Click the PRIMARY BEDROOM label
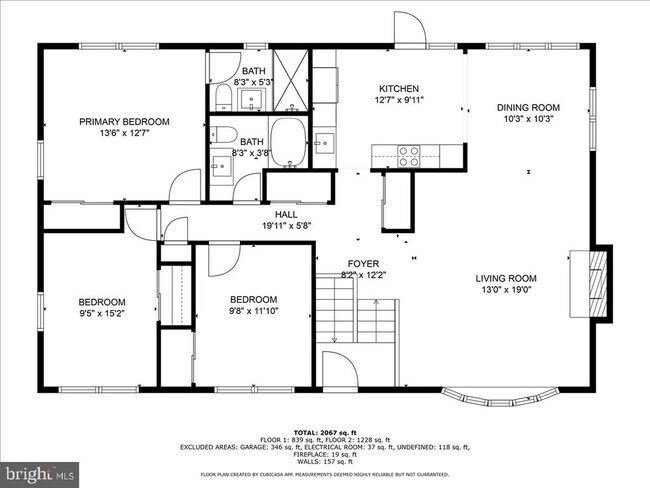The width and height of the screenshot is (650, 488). tap(125, 122)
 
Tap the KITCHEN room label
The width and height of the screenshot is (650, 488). tap(397, 89)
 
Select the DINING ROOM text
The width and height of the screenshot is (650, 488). tap(528, 107)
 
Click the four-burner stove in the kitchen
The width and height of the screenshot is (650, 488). tap(409, 155)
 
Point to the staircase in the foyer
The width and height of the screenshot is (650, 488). tap(339, 310)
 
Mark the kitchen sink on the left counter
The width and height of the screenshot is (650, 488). tap(323, 142)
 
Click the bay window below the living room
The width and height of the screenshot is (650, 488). tap(494, 397)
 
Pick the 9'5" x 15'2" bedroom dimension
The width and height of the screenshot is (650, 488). tap(103, 314)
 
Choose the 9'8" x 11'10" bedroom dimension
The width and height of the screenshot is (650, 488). tap(253, 311)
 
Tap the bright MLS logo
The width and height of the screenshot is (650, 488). tap(40, 470)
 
